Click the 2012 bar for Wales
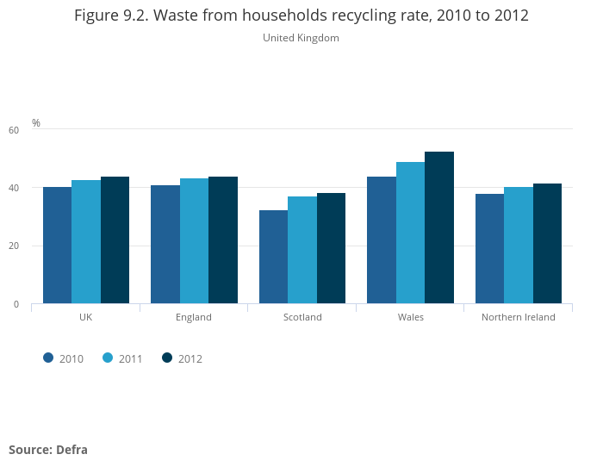coord(439,227)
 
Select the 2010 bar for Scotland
coord(273,257)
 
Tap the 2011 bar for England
coord(194,241)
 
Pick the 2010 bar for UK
coord(57,246)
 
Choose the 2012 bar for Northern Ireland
coord(547,244)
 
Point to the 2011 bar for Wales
coord(410,233)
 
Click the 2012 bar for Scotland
coord(331,248)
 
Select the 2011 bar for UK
coord(86,242)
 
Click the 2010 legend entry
coord(64,358)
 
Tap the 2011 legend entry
coord(122,358)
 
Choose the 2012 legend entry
coord(182,358)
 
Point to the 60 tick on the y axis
coord(13,130)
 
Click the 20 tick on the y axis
coord(13,246)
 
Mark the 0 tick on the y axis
coord(16,304)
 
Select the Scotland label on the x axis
coord(302,317)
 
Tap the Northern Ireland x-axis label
coord(519,317)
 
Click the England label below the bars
coord(194,317)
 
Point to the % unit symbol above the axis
coord(36,123)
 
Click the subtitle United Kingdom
coord(301,38)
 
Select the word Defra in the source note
coord(72,449)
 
